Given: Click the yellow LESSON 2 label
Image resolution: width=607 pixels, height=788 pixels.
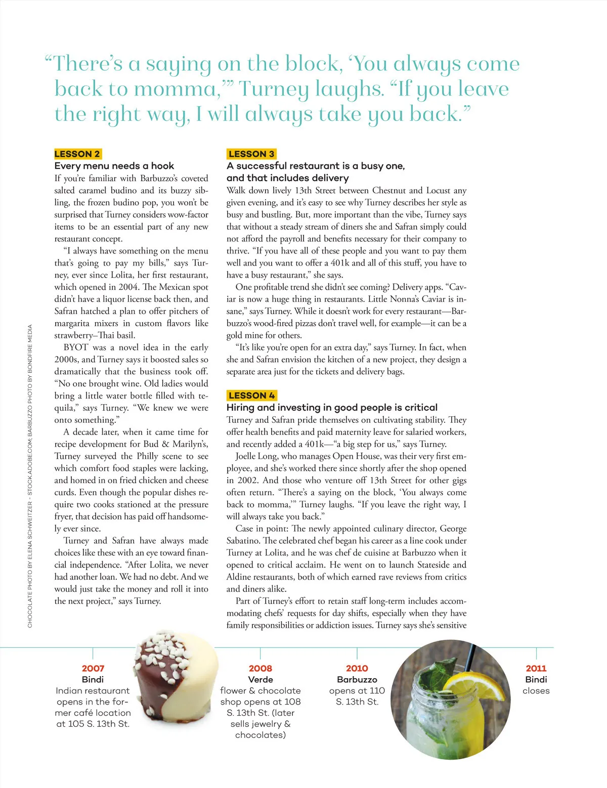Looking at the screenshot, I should [x=77, y=154].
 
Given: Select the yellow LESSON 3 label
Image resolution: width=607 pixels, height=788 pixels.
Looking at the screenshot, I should [x=251, y=154].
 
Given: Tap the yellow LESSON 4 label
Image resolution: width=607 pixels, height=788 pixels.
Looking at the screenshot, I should [x=251, y=396].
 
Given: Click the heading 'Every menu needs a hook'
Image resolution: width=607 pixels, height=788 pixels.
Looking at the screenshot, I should [x=114, y=166].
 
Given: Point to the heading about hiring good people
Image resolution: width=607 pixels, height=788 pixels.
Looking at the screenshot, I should [x=332, y=408].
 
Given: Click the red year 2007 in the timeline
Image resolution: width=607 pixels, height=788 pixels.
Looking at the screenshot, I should [x=93, y=669].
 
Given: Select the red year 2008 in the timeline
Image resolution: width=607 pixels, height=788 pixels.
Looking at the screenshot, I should [x=260, y=669].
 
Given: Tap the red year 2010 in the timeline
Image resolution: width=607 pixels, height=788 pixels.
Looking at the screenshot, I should [x=357, y=669].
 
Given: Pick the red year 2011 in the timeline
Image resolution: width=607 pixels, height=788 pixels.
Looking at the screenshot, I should [x=536, y=669].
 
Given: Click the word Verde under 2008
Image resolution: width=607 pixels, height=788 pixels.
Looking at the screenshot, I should [x=260, y=680].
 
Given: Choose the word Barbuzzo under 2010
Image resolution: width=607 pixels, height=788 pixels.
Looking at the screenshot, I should [x=357, y=680].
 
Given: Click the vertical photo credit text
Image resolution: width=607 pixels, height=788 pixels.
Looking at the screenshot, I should [x=30, y=475].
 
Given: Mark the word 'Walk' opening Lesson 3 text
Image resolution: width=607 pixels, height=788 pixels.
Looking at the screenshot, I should [x=236, y=191].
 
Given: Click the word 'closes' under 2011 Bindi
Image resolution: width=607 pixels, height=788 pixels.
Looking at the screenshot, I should [x=536, y=691].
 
